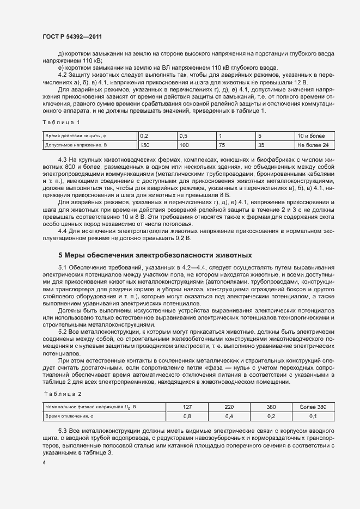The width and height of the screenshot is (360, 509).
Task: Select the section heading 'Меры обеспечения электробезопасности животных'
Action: pyautogui.click(x=155, y=254)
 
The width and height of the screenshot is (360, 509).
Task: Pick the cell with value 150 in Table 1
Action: pyautogui.click(x=145, y=145)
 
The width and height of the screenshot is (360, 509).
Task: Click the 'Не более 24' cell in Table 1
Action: pyautogui.click(x=313, y=145)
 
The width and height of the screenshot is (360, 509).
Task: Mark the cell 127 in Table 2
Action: pyautogui.click(x=187, y=406)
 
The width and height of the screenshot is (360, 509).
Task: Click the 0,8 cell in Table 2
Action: pyautogui.click(x=187, y=416)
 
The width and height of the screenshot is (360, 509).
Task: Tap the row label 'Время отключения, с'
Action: pyautogui.click(x=70, y=416)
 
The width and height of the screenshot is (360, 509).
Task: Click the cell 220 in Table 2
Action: pyautogui.click(x=229, y=406)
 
